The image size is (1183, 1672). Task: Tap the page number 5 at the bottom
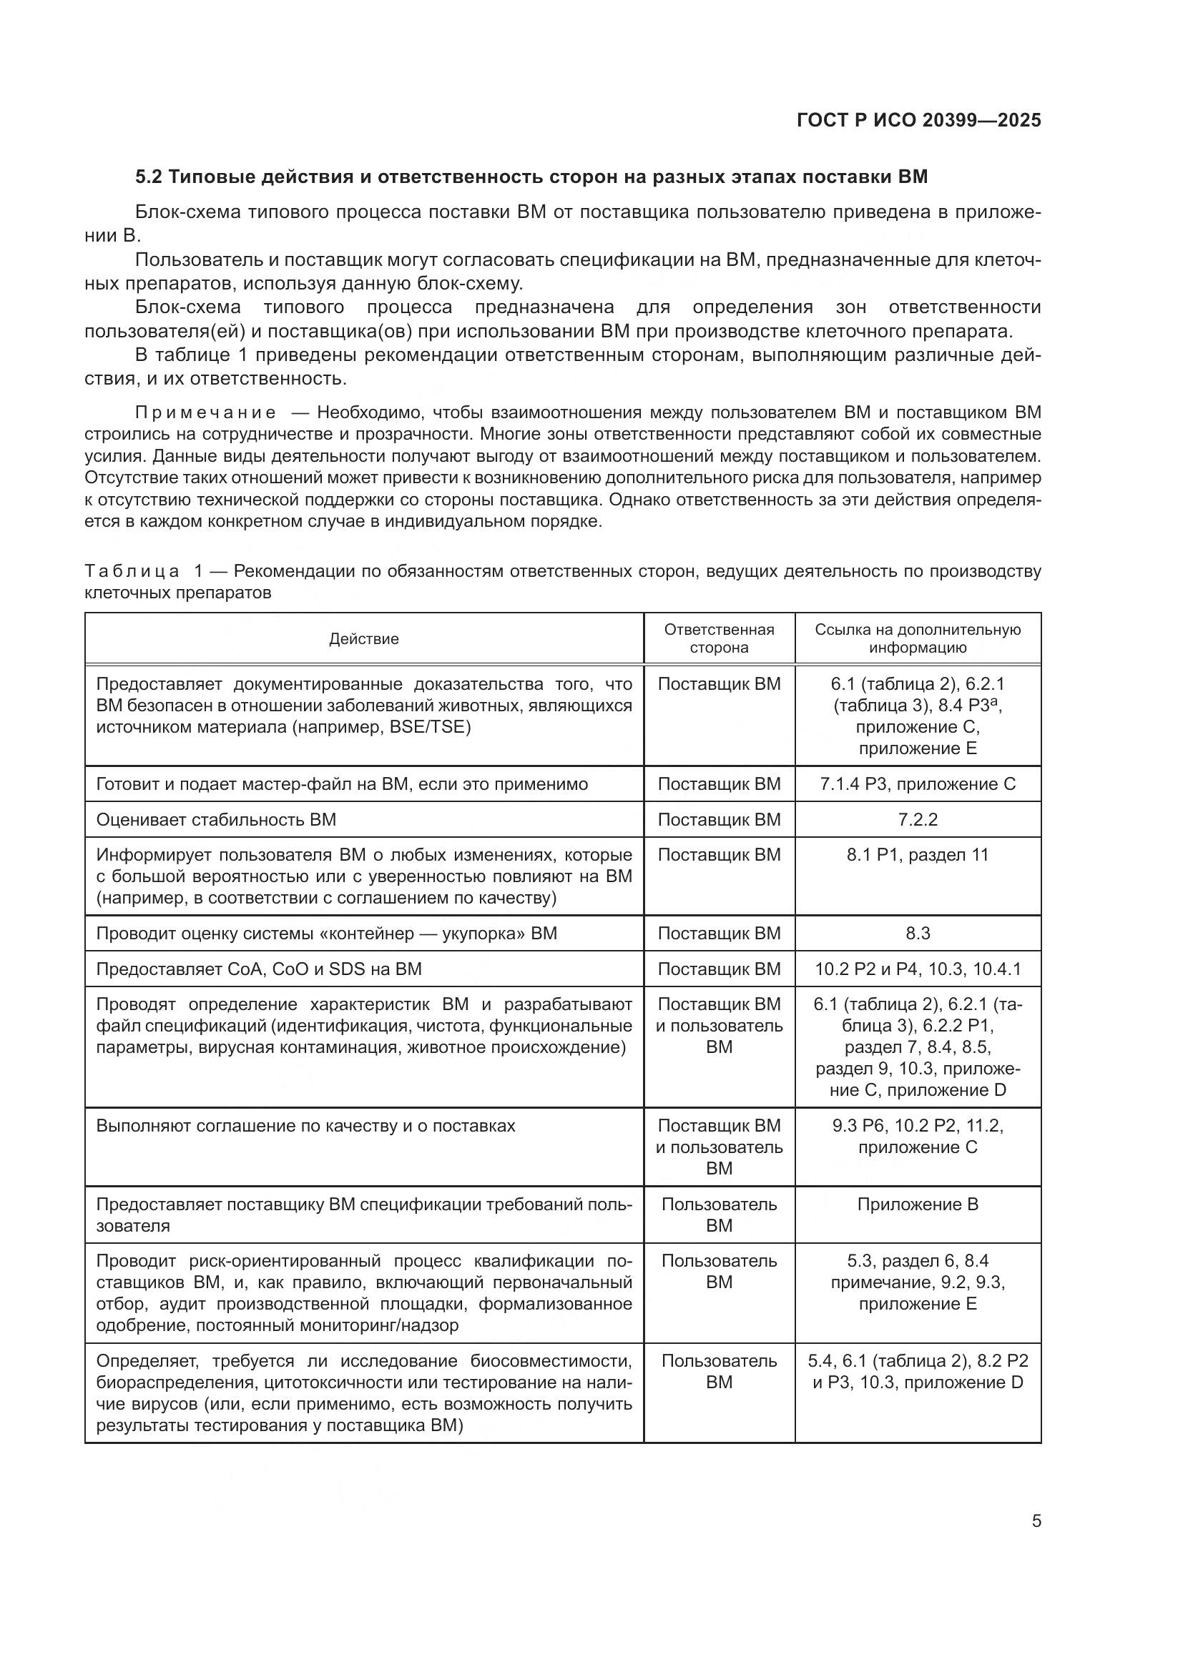pyautogui.click(x=1036, y=1520)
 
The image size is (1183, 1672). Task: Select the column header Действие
pyautogui.click(x=363, y=638)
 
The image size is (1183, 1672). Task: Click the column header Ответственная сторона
pyautogui.click(x=718, y=638)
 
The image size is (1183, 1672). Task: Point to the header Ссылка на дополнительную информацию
pyautogui.click(x=917, y=638)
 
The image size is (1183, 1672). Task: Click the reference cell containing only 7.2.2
pyautogui.click(x=917, y=819)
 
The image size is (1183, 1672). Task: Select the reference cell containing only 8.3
pyautogui.click(x=917, y=933)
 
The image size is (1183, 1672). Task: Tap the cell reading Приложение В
pyautogui.click(x=917, y=1204)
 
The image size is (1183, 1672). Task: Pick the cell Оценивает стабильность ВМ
pyautogui.click(x=216, y=819)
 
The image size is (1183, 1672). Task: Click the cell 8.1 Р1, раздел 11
pyautogui.click(x=917, y=854)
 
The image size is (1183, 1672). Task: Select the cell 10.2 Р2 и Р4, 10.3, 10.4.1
pyautogui.click(x=917, y=969)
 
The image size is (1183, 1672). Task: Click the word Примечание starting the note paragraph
pyautogui.click(x=206, y=413)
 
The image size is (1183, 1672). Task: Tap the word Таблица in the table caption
pyautogui.click(x=132, y=571)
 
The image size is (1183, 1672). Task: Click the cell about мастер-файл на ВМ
pyautogui.click(x=342, y=783)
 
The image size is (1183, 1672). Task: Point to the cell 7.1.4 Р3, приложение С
pyautogui.click(x=917, y=783)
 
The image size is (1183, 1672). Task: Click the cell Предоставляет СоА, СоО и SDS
pyautogui.click(x=259, y=969)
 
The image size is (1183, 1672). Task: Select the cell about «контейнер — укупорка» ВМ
pyautogui.click(x=326, y=933)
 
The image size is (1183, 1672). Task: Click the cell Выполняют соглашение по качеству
pyautogui.click(x=305, y=1125)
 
